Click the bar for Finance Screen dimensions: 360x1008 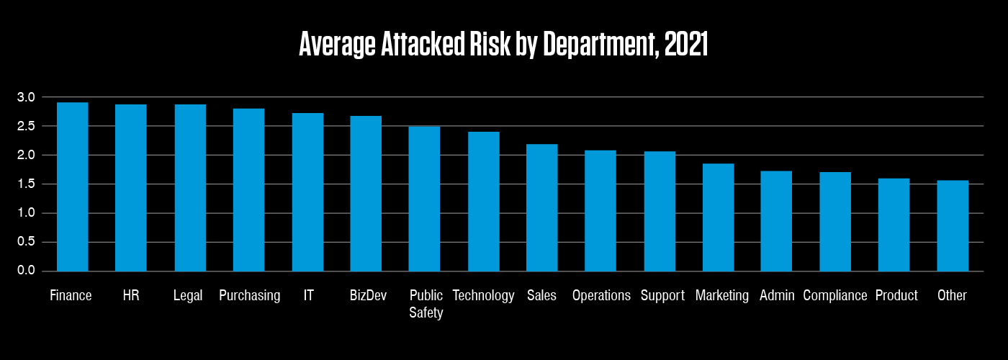click(72, 186)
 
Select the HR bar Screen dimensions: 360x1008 click(131, 188)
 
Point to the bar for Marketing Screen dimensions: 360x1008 click(718, 217)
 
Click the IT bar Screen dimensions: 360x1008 click(307, 192)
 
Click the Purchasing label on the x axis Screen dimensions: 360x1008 click(249, 296)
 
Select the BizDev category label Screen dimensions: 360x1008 click(366, 296)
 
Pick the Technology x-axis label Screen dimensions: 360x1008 click(483, 296)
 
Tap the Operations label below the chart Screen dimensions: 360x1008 click(601, 296)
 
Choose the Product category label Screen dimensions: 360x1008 click(896, 296)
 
